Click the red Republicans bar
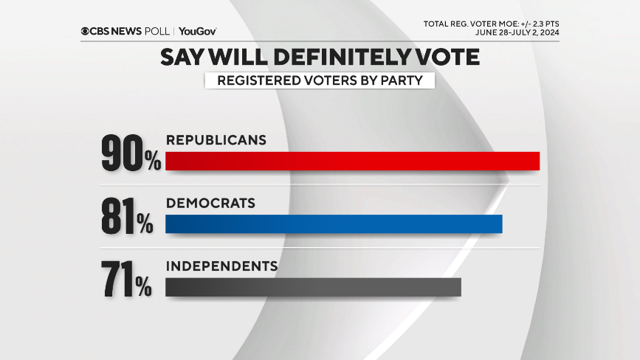tap(352, 160)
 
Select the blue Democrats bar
tap(334, 224)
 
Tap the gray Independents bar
tap(313, 287)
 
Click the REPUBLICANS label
tap(216, 139)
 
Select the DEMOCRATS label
tap(210, 203)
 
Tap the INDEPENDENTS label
tap(221, 266)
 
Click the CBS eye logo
tap(86, 31)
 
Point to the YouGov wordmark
tap(197, 31)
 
